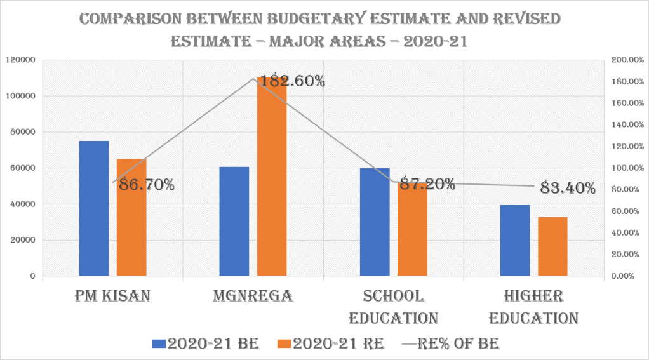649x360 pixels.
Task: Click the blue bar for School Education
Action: tap(375, 222)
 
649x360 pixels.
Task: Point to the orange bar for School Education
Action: tap(412, 235)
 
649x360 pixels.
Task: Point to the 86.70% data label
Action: tap(143, 185)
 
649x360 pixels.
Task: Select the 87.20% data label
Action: tap(424, 185)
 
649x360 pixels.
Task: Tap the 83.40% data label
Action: tap(568, 189)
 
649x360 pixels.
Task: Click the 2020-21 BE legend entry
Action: tap(206, 343)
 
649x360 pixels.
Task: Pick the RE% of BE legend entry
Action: tap(452, 343)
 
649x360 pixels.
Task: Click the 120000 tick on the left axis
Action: tap(20, 60)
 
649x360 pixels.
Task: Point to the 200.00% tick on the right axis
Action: tap(626, 60)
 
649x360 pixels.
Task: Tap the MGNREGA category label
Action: tap(253, 297)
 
